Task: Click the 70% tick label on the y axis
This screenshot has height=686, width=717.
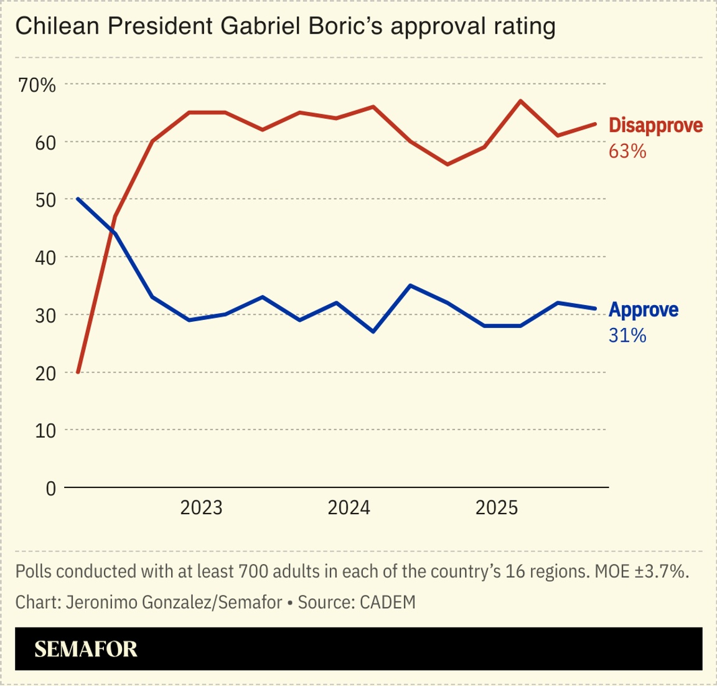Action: (x=37, y=85)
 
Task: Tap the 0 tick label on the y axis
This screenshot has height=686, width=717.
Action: (x=50, y=489)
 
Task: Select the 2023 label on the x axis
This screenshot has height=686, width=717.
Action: (x=201, y=508)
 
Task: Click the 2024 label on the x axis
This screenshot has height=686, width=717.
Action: (x=349, y=508)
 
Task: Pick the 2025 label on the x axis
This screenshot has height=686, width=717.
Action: (x=496, y=508)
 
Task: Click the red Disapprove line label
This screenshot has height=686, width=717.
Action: (x=655, y=125)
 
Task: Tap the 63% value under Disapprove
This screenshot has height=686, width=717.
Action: (x=627, y=151)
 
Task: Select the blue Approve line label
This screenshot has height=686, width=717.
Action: (x=644, y=309)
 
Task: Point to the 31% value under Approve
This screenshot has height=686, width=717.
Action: (x=627, y=336)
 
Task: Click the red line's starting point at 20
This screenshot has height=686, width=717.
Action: (x=78, y=372)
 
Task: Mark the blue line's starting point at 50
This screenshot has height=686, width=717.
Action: (x=78, y=199)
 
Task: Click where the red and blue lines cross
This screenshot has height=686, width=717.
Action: (x=112, y=228)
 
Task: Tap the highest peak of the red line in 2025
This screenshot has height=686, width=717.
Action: (x=520, y=101)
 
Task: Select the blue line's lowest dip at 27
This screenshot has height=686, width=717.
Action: (x=373, y=332)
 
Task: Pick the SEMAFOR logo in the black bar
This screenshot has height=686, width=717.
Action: (x=86, y=649)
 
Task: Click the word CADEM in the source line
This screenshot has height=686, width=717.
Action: (x=387, y=602)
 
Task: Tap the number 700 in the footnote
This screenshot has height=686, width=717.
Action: (x=250, y=571)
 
